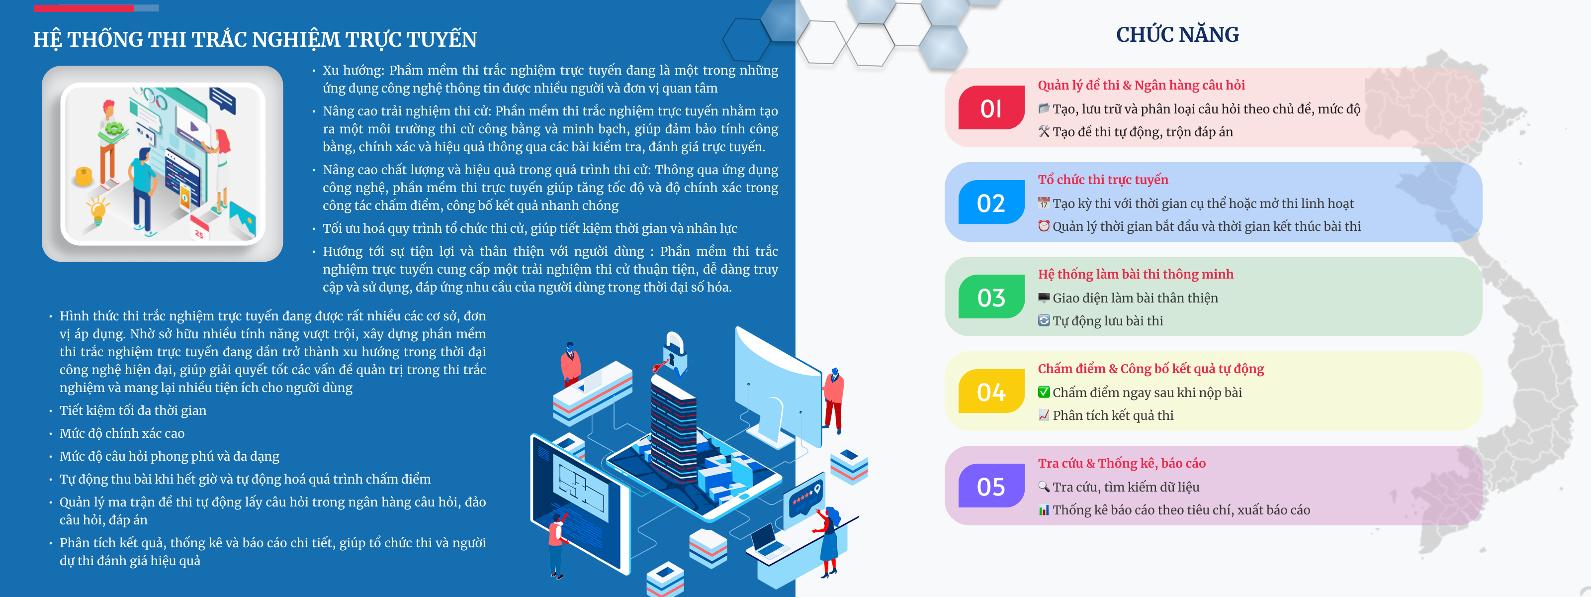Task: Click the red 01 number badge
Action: [x=991, y=107]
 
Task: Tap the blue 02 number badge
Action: [x=991, y=202]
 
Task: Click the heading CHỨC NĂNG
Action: [x=1177, y=35]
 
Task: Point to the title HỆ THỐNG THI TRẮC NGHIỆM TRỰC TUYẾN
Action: [x=255, y=39]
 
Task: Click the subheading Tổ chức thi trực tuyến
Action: [x=1103, y=179]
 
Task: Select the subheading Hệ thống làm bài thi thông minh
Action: [x=1135, y=274]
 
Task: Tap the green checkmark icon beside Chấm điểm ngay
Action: [x=1044, y=392]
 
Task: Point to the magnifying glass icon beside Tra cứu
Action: [x=1044, y=487]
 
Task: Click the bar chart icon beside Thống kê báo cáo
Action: [x=1044, y=510]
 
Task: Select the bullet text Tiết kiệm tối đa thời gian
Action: [x=133, y=410]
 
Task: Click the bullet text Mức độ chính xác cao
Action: [x=122, y=433]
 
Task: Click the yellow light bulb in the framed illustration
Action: [x=97, y=210]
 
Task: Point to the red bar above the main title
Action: [x=84, y=8]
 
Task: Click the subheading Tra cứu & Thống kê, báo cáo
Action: [x=1122, y=463]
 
